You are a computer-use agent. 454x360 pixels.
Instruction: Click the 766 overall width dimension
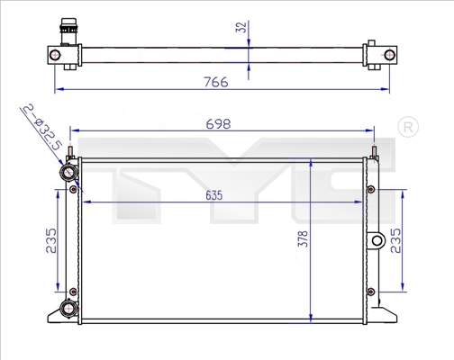pos(216,82)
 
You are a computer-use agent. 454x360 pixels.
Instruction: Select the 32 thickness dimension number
pos(241,27)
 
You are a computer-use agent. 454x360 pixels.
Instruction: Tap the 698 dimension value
pos(218,124)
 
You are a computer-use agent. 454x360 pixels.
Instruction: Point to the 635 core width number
pos(214,195)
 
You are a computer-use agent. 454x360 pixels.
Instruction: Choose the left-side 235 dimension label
pos(51,240)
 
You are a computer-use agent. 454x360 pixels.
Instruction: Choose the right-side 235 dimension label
pos(395,240)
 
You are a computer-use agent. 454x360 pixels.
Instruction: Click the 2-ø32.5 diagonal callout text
pos(42,127)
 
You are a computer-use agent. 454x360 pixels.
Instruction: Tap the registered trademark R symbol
pos(408,128)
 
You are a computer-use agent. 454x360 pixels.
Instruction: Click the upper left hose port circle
pos(68,173)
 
